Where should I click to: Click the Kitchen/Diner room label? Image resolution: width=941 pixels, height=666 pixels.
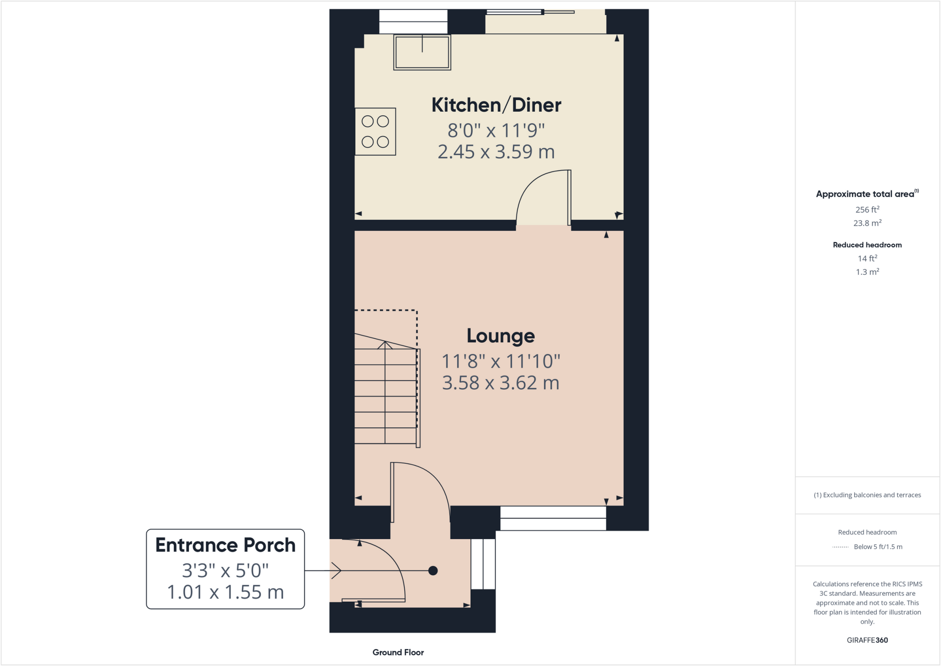point(496,105)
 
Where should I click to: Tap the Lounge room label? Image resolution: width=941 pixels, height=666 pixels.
point(500,336)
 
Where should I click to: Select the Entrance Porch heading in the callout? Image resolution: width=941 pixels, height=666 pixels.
point(225,545)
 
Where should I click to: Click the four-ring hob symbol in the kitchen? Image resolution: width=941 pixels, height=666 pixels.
point(375,131)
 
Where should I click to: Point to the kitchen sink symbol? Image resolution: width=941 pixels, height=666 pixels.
point(422,52)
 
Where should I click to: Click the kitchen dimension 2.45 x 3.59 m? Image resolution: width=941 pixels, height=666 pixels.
point(496,152)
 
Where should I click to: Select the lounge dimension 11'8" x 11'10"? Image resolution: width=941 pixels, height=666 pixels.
point(500,361)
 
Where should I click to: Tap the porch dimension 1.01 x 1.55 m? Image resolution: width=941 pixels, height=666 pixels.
point(225,592)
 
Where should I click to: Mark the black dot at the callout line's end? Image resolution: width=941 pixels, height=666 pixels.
point(433,570)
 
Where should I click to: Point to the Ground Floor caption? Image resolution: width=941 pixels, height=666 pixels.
point(398,652)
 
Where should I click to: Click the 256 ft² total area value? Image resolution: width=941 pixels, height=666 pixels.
point(867,210)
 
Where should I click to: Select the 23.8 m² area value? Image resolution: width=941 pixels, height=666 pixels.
point(867,223)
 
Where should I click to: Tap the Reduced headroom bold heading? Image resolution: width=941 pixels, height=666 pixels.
point(867,245)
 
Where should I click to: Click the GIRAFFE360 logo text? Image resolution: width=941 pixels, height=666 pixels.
point(867,640)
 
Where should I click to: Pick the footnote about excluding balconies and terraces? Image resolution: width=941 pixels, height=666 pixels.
point(867,495)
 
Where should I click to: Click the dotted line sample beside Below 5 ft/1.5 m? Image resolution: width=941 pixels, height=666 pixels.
point(840,547)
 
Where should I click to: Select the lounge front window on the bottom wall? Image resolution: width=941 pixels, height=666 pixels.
point(553,518)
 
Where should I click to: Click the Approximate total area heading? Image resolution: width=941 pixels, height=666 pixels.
point(866,194)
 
